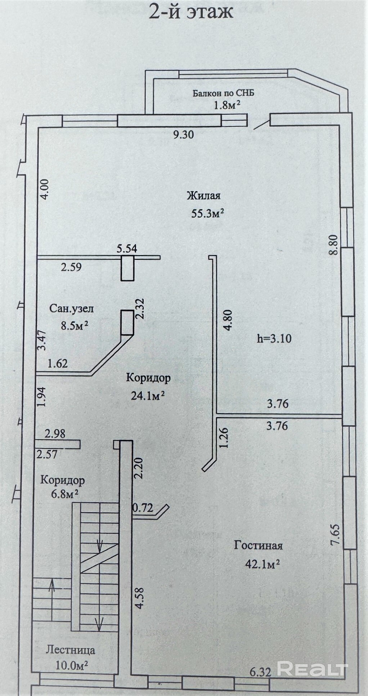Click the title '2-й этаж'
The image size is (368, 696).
point(191,12)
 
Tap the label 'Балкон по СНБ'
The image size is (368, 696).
point(223,93)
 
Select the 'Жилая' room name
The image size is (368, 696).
point(203,196)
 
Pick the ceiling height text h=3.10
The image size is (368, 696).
point(274,338)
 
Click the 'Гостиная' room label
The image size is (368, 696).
point(258,545)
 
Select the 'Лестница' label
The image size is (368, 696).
point(71,650)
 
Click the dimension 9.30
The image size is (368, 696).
point(183,135)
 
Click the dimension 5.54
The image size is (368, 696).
point(127,249)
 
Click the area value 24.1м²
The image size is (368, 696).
point(148,396)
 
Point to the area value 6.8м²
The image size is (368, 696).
point(64,493)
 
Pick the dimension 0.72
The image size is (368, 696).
point(143,508)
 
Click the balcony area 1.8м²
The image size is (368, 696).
point(227,105)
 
